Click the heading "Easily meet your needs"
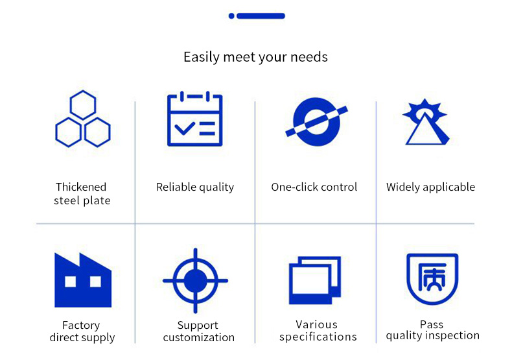(x=255, y=57)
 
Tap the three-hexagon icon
(x=83, y=105)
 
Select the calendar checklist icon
(x=194, y=119)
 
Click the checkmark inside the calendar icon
(x=185, y=128)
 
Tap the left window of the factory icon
(x=70, y=282)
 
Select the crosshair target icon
(x=195, y=281)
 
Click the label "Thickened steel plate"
(x=82, y=194)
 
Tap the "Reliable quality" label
(x=195, y=187)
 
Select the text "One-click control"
(x=314, y=187)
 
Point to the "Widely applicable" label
(x=431, y=187)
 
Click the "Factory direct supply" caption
(x=82, y=331)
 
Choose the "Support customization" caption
(x=198, y=331)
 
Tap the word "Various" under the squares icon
(x=316, y=324)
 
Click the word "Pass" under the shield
(x=432, y=324)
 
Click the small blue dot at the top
(x=231, y=16)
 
